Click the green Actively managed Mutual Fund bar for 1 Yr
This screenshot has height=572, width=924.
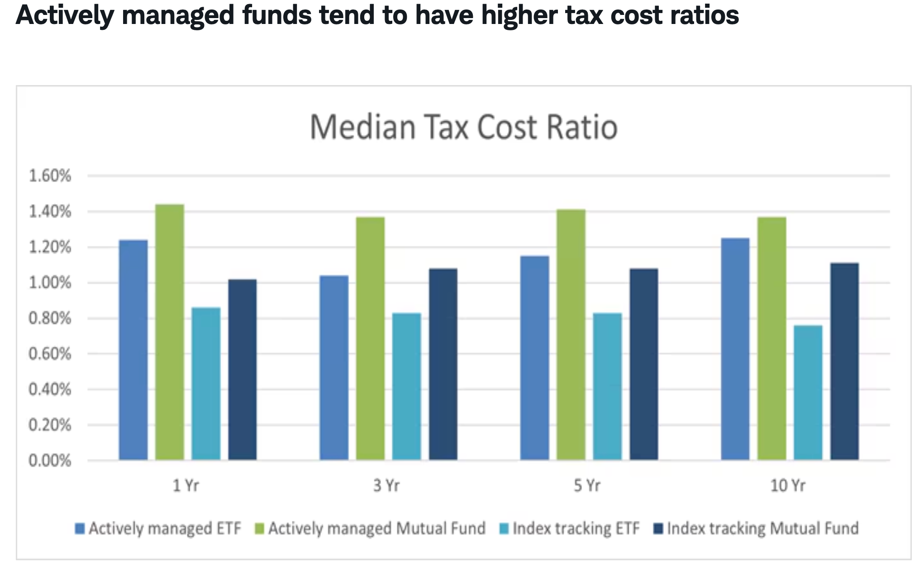[170, 333]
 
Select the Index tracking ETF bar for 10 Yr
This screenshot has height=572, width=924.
[808, 393]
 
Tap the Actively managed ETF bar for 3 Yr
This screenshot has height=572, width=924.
[334, 367]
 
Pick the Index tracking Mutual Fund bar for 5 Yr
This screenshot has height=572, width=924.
[643, 364]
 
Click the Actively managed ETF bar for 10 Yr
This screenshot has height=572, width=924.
[735, 349]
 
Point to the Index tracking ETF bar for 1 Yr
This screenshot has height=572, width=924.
[206, 384]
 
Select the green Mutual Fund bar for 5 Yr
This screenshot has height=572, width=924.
[571, 335]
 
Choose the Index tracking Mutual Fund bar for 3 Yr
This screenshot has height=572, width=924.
[443, 364]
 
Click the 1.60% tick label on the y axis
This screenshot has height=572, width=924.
[50, 176]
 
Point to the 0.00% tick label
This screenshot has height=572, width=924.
[50, 461]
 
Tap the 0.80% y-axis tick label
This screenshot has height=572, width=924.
[50, 318]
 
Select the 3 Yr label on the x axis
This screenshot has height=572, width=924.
[386, 486]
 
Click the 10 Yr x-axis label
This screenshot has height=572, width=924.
[788, 486]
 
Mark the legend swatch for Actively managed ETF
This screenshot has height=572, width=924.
[80, 529]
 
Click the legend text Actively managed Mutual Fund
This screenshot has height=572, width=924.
[376, 528]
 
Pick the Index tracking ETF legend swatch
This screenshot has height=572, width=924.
[505, 529]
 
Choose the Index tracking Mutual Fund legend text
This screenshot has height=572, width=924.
[762, 528]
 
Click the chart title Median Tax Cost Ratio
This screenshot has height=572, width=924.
[463, 127]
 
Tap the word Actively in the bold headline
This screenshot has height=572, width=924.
[65, 15]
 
